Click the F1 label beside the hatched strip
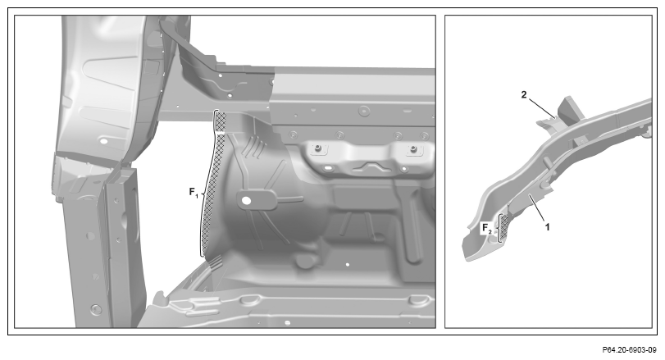[194, 193]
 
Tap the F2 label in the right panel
[487, 229]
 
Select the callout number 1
[547, 227]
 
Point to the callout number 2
[524, 95]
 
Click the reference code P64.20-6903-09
[629, 350]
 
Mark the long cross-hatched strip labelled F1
[212, 193]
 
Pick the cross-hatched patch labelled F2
[504, 229]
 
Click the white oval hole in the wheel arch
[245, 199]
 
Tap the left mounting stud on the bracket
[317, 148]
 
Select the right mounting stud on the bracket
[413, 148]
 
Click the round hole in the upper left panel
[102, 140]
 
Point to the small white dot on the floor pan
[348, 265]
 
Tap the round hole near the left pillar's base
[96, 308]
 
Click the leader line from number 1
[536, 208]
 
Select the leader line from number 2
[541, 107]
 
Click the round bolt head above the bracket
[363, 111]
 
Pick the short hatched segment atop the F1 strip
[221, 121]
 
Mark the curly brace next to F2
[499, 229]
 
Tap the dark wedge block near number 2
[571, 109]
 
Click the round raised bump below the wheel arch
[304, 261]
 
